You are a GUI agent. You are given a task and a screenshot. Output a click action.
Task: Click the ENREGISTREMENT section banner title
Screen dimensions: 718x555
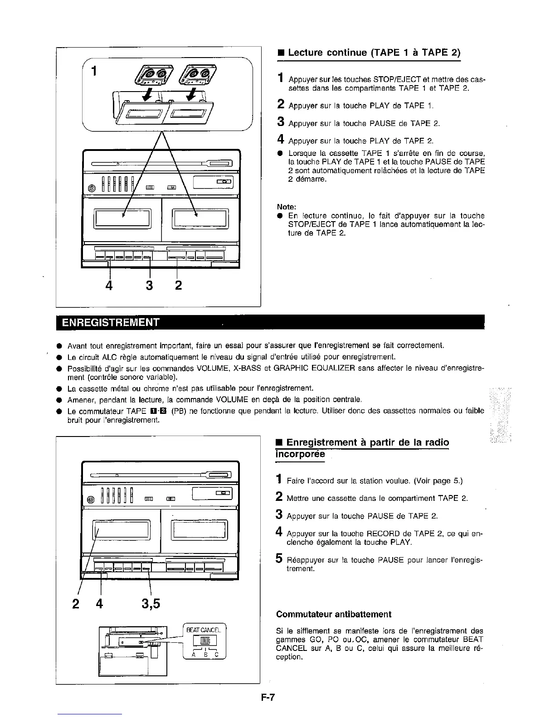[x=111, y=323]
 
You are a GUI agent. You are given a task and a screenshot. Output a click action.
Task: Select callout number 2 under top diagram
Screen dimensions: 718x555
[x=178, y=285]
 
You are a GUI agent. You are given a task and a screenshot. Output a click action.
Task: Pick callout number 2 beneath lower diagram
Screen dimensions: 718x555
[x=75, y=604]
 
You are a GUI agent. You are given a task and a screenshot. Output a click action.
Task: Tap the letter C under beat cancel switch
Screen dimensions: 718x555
[x=217, y=655]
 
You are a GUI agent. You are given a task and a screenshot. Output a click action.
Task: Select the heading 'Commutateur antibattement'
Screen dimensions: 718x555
[x=333, y=615]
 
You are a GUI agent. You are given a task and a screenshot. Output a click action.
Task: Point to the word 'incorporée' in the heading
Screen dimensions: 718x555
[x=300, y=454]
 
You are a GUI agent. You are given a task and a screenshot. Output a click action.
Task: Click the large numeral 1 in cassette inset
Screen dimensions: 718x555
[x=94, y=71]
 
